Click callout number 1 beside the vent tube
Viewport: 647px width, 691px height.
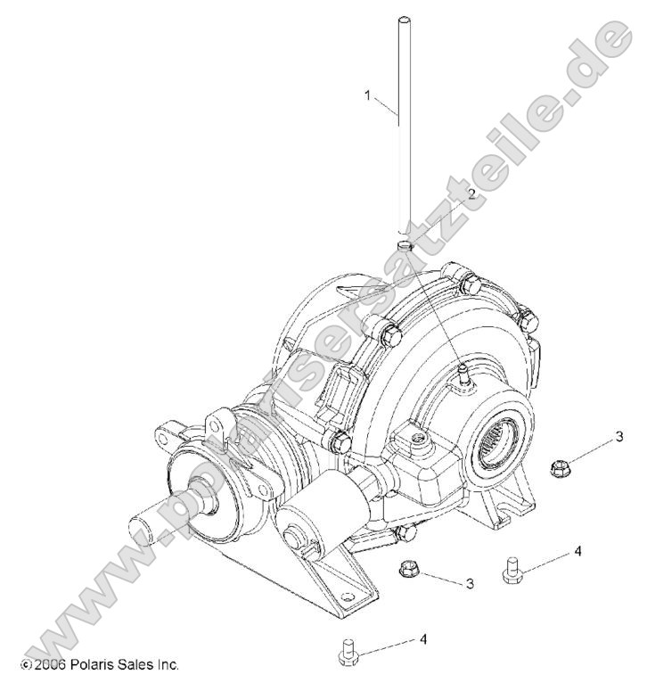click(x=367, y=96)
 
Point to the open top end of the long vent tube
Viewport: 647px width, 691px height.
click(x=403, y=20)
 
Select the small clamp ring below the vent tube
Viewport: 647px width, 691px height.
click(x=405, y=243)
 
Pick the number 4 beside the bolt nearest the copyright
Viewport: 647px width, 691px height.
click(x=423, y=639)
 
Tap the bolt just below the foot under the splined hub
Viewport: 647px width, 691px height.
click(x=512, y=571)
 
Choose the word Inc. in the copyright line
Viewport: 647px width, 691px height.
click(x=167, y=664)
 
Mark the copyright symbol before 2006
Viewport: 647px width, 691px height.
click(x=24, y=665)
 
